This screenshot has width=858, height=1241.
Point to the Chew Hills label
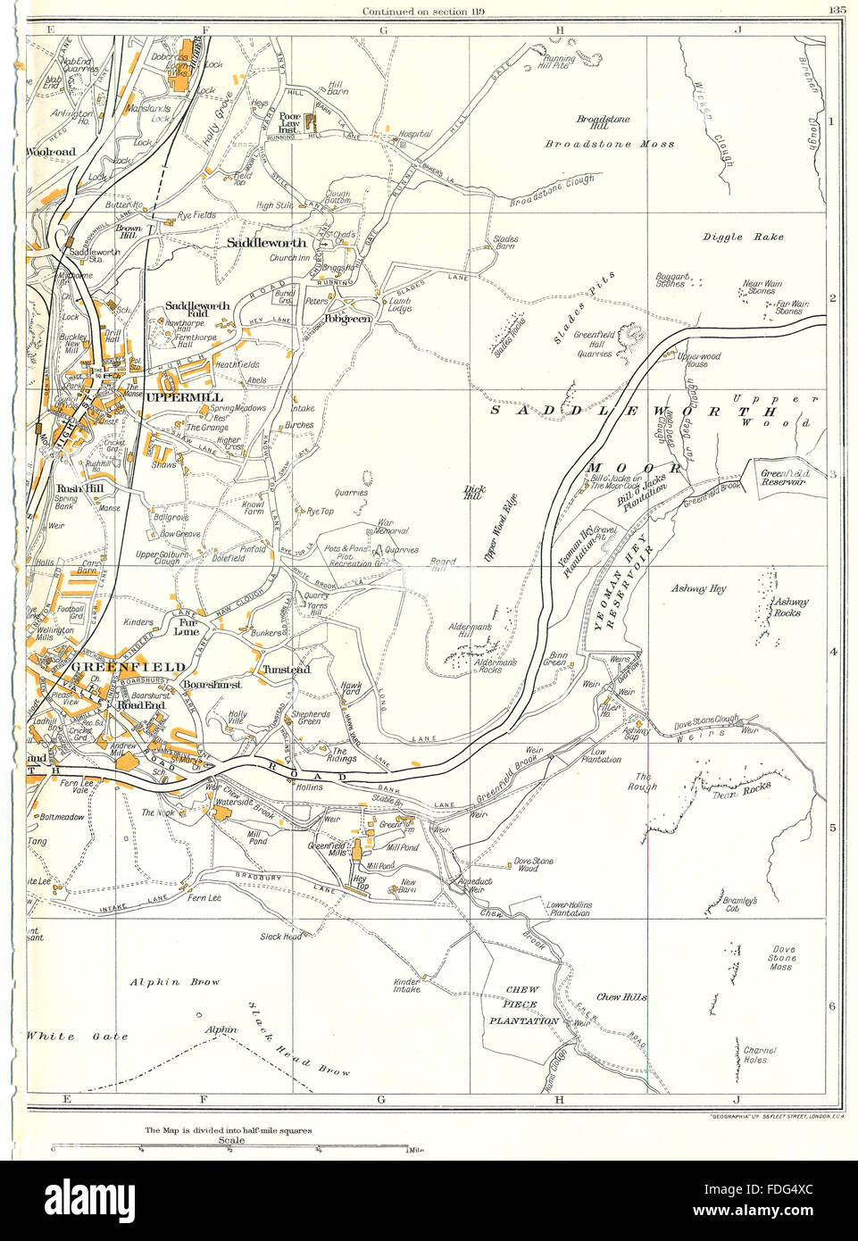tap(621, 997)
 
